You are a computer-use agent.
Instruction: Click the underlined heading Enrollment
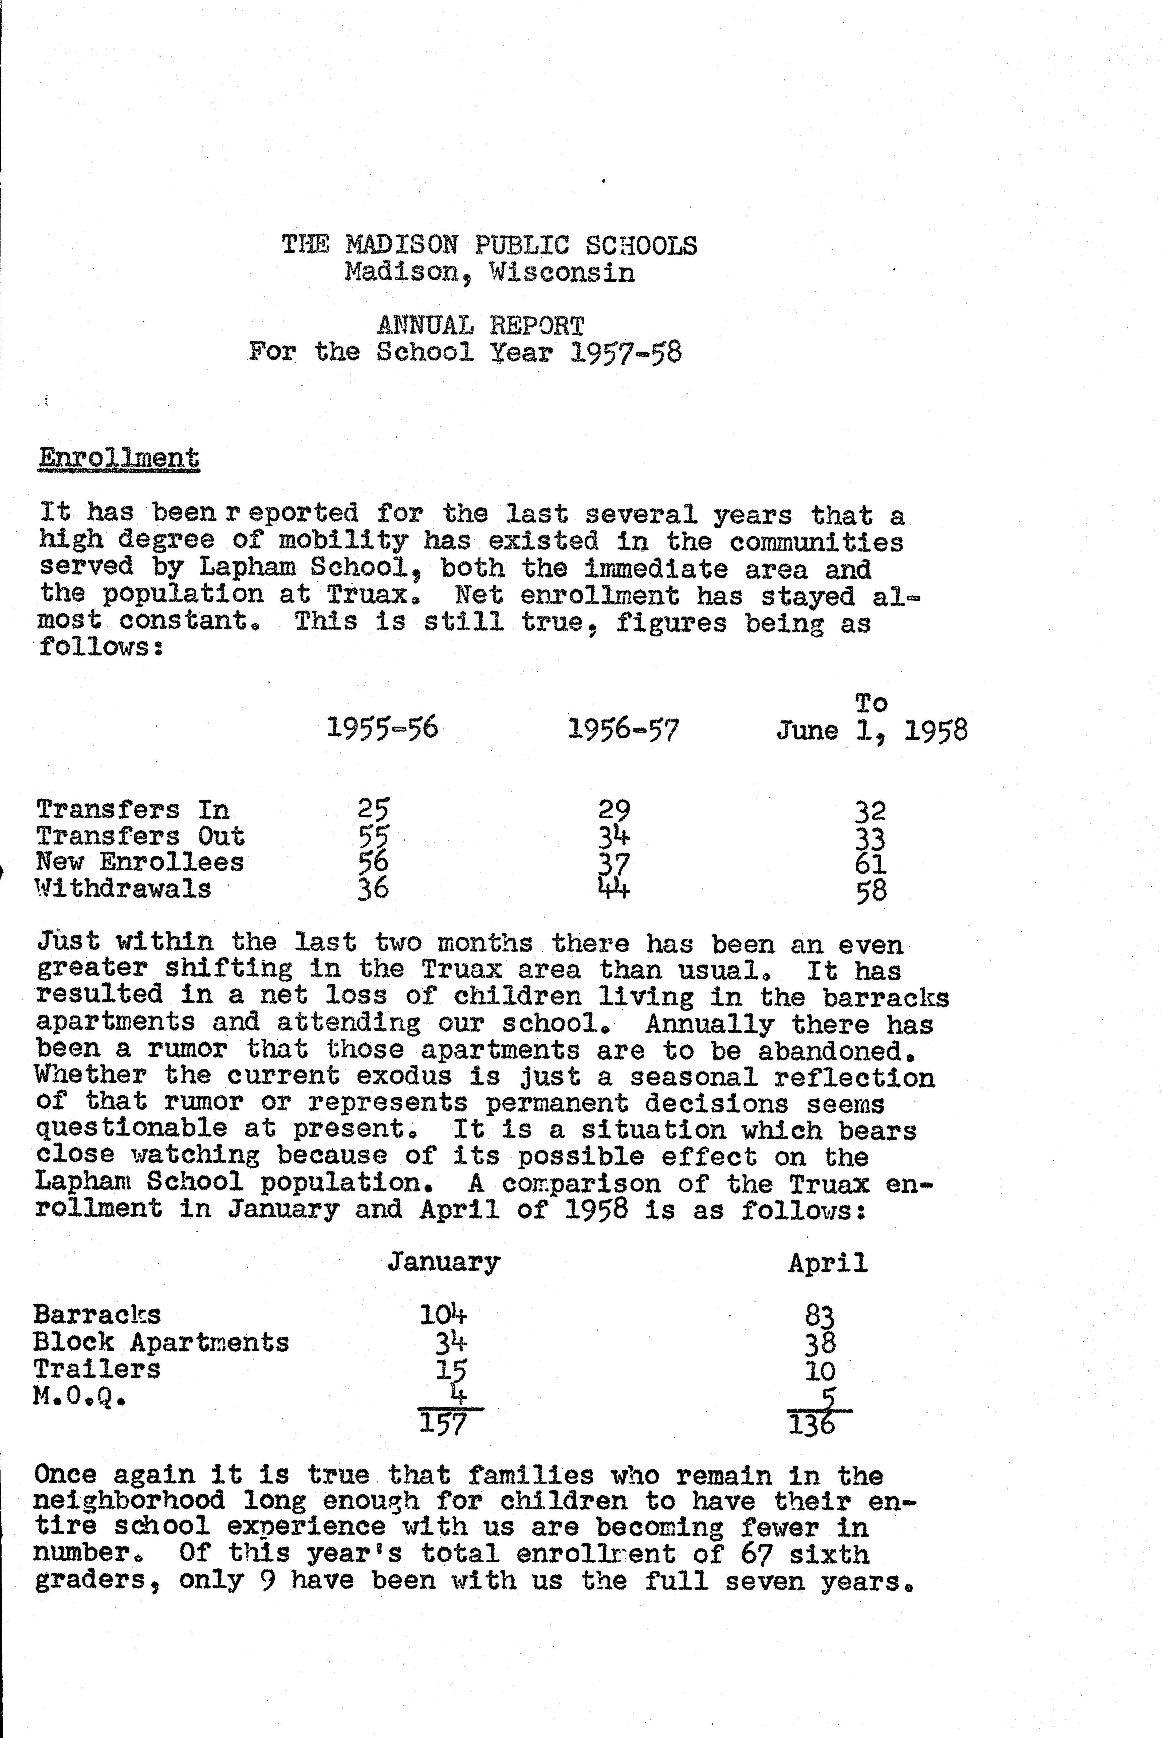[x=119, y=458]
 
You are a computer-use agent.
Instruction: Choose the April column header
[x=828, y=1262]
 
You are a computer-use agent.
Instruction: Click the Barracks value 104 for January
[x=443, y=1314]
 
